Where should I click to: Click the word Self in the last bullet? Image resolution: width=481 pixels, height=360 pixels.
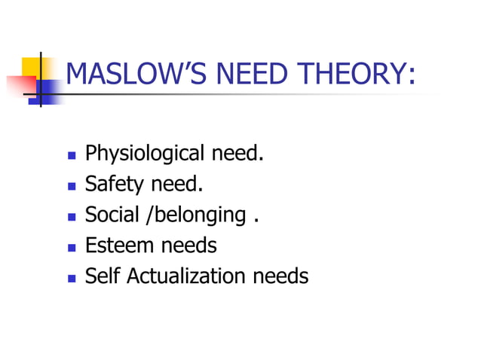(x=103, y=276)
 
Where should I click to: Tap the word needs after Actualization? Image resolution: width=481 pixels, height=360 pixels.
(x=280, y=276)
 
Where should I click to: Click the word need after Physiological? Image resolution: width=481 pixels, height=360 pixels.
(x=237, y=154)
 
